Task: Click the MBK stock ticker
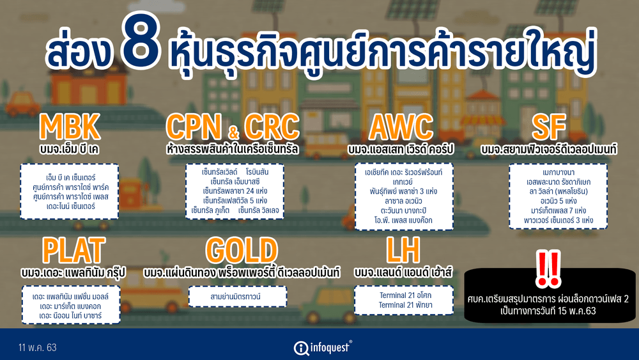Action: pos(70,127)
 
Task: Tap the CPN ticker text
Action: pos(194,127)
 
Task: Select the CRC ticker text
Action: pos(272,127)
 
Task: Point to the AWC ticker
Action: pos(401,127)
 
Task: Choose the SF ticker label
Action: pos(549,127)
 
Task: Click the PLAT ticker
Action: pos(73,251)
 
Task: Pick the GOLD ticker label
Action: pos(242,251)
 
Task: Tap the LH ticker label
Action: pos(403,251)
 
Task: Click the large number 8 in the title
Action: pos(140,45)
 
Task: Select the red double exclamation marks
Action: pos(548,269)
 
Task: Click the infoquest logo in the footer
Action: pos(323,348)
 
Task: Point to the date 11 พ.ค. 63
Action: pos(38,348)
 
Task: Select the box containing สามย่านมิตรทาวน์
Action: pos(238,297)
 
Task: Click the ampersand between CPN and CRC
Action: pos(233,132)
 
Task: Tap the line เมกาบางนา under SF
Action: pos(558,172)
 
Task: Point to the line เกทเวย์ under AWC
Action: pos(403,182)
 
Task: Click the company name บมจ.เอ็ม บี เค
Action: pos(69,149)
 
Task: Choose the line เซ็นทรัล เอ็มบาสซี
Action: pos(235,182)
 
